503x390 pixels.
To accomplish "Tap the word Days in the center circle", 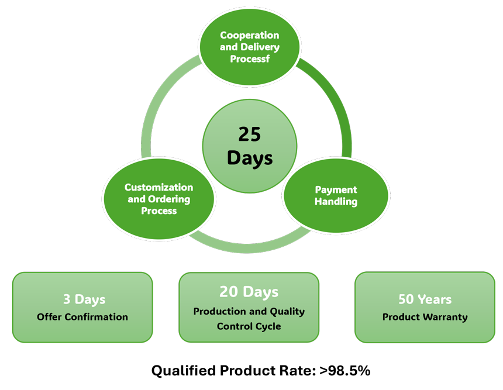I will pos(250,158).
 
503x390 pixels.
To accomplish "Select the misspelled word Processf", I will pos(250,58).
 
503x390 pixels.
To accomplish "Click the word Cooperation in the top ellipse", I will pos(250,36).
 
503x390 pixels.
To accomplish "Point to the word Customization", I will pos(159,187).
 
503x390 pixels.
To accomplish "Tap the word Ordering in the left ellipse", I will pos(171,199).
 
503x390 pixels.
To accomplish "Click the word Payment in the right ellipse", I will pos(336,190).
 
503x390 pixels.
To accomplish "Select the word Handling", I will pos(336,202).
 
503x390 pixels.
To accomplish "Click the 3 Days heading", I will pos(84,299).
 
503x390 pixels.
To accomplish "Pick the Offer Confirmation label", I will pos(82,317).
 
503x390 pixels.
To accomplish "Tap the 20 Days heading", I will pos(249,291).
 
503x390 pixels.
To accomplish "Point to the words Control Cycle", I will pos(249,326).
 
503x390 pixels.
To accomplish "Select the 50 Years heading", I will pos(425,299).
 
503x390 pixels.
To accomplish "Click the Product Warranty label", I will pos(425,317).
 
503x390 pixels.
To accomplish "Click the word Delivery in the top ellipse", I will pos(261,47).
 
